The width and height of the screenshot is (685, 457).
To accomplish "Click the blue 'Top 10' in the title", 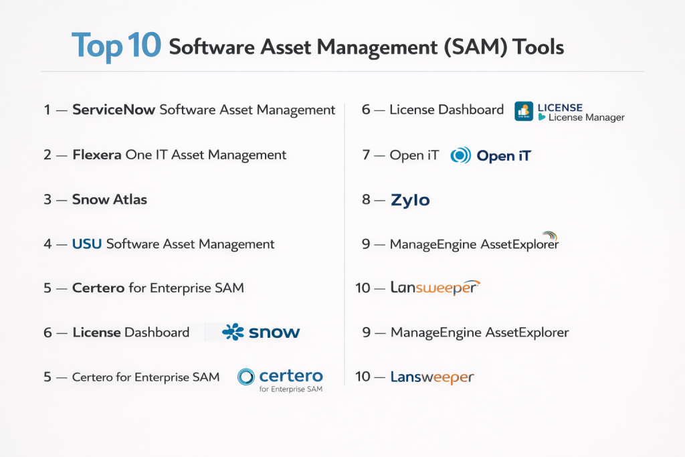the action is click(116, 45).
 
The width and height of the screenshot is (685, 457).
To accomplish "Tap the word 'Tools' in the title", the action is click(539, 48).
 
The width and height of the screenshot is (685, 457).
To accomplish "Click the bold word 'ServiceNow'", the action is click(114, 109).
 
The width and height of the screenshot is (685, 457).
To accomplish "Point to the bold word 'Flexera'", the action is click(97, 155).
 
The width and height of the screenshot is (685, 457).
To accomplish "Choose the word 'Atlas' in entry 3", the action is click(130, 199).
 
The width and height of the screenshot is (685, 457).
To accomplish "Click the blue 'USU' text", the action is click(87, 244).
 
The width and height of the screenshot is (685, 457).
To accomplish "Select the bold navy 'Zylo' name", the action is click(410, 200).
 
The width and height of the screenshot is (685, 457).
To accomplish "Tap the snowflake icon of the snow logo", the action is click(233, 332).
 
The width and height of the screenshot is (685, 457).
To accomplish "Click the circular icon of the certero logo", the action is click(246, 377).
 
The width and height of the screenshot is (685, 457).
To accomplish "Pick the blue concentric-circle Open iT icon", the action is click(460, 155).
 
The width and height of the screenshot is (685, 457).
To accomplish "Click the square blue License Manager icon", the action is click(524, 111).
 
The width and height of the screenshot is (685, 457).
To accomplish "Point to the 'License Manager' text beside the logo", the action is click(586, 118).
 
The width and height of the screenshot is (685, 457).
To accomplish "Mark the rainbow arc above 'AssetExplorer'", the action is click(550, 236).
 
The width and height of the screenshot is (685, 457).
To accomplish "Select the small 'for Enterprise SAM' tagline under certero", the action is click(291, 389).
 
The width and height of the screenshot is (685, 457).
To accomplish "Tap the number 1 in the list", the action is click(47, 110).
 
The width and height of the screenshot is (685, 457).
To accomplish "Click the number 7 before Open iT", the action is click(366, 155).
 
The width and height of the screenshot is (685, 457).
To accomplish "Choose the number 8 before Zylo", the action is click(366, 199).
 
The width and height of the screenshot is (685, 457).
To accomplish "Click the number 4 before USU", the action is click(47, 244).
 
